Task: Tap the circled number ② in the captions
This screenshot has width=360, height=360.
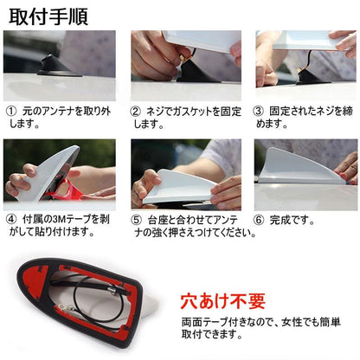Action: coord(136,112)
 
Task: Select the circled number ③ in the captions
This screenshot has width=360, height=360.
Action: coord(258,112)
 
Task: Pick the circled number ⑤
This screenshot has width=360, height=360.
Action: coord(136,221)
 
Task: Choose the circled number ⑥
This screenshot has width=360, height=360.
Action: coord(258,221)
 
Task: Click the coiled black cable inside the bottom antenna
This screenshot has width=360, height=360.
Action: coord(95,299)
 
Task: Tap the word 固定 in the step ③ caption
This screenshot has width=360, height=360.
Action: coord(282,112)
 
